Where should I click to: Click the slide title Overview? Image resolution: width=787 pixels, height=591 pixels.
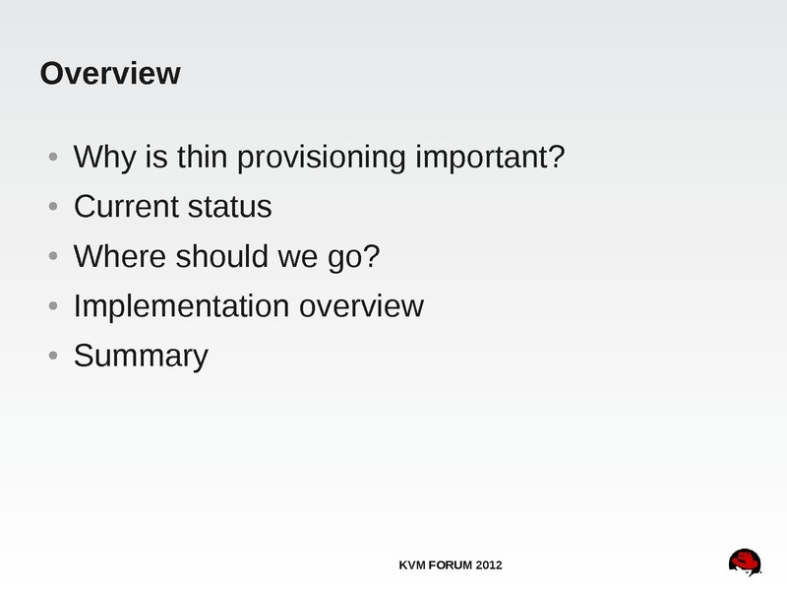pyautogui.click(x=110, y=73)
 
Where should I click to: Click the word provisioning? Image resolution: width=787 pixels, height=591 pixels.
pyautogui.click(x=321, y=158)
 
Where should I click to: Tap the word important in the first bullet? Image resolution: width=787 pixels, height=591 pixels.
pyautogui.click(x=484, y=157)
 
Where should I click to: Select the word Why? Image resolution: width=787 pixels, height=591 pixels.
pyautogui.click(x=104, y=158)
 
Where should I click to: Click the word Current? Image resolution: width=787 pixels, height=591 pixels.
pyautogui.click(x=126, y=207)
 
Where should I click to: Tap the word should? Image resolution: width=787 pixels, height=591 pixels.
pyautogui.click(x=221, y=256)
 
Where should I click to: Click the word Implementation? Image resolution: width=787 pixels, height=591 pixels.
pyautogui.click(x=182, y=306)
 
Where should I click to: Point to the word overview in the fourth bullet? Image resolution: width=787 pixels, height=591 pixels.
pyautogui.click(x=361, y=306)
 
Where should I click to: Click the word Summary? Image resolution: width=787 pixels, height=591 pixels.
pyautogui.click(x=141, y=357)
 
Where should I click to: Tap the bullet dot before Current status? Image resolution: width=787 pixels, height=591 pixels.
pyautogui.click(x=53, y=206)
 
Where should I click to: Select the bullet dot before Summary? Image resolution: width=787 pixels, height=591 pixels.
pyautogui.click(x=53, y=356)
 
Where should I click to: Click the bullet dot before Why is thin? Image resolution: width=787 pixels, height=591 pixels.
pyautogui.click(x=53, y=157)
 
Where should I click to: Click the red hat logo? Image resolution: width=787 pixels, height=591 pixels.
pyautogui.click(x=746, y=562)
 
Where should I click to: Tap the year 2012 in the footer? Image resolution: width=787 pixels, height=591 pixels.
pyautogui.click(x=489, y=565)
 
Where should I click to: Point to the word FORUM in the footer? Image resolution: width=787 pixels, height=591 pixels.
pyautogui.click(x=451, y=565)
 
